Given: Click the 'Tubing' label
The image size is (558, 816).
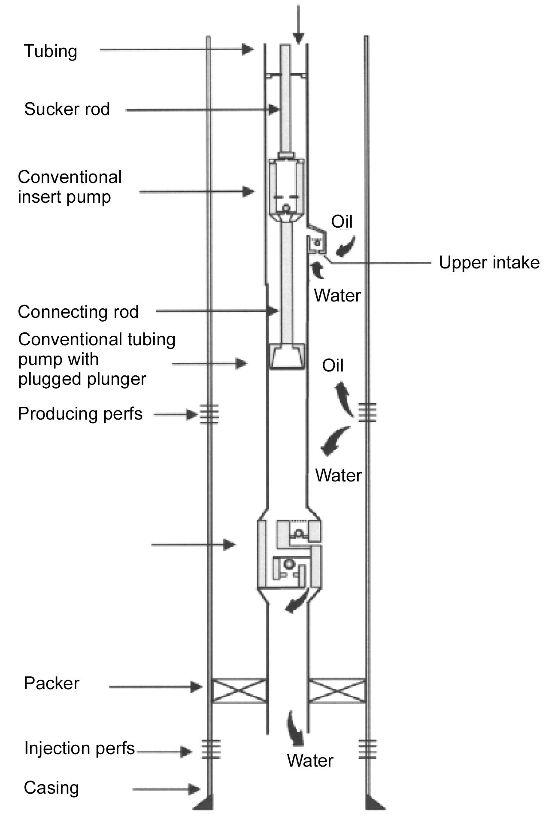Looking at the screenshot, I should tap(51, 51).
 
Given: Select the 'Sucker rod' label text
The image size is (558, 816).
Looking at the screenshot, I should tap(67, 109).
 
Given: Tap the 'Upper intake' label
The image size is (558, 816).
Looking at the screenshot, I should tap(489, 262).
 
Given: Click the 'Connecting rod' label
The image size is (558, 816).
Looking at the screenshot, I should tap(78, 312).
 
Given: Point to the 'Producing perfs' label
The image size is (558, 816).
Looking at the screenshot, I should tap(80, 414).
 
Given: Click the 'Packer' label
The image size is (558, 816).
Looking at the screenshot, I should tap(52, 683).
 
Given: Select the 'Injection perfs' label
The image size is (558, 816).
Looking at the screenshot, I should tap(79, 748).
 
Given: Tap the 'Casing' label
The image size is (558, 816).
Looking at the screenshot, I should tap(51, 788).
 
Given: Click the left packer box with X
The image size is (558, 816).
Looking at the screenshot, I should tap(239, 691).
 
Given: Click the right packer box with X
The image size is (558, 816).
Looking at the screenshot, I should tap(337, 691).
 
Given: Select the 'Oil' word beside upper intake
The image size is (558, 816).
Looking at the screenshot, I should tap(342, 222).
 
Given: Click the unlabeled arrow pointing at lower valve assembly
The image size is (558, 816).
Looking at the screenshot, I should tap(193, 545).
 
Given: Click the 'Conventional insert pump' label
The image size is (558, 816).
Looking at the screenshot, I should tap(70, 187).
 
